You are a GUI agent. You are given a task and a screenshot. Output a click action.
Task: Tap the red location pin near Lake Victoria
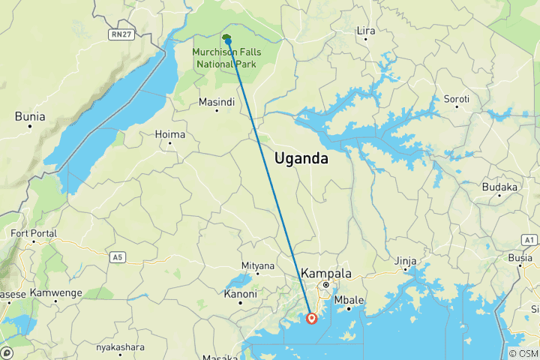[312, 319]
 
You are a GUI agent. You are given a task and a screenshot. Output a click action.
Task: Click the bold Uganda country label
[301, 159]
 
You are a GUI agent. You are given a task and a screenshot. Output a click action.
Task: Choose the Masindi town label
[215, 102]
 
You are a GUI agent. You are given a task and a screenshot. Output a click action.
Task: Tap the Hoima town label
[169, 134]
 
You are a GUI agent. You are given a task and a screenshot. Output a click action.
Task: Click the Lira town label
[366, 31]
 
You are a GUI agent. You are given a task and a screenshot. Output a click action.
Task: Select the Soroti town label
[456, 99]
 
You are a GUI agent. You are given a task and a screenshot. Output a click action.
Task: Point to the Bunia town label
[30, 116]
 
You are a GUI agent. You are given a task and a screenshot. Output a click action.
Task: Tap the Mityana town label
[258, 265]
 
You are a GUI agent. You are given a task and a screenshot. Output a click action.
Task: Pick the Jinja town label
[405, 261]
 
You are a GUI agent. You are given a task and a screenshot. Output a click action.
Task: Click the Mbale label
[348, 300]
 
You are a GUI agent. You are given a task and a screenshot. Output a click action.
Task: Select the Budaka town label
[500, 187]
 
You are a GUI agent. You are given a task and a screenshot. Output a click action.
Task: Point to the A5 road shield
[116, 257]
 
